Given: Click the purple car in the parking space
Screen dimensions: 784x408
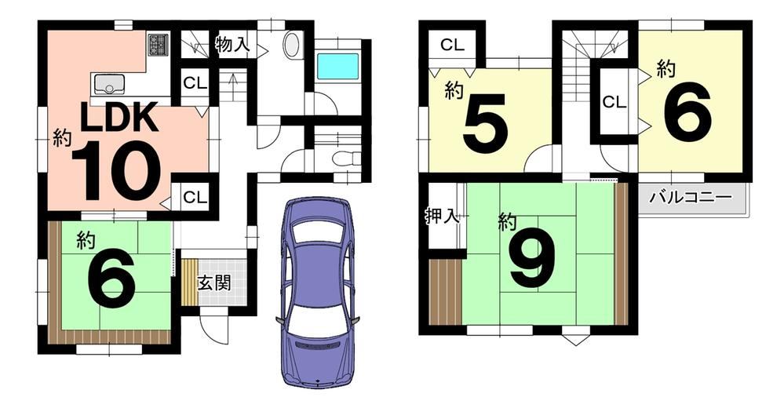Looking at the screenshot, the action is point(317,292).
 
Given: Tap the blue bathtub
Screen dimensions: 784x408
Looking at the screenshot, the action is point(338,66).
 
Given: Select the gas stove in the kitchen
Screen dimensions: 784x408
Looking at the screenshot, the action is point(159,44).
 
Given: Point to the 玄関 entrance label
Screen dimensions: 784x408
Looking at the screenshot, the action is point(214,283).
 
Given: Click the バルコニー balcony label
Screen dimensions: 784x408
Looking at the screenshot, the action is point(691,197).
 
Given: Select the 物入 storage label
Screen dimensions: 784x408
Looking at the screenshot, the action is point(232,45).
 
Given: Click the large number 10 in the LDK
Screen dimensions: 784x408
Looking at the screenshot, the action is point(116,170).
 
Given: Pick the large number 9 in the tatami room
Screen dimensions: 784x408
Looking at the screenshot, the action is point(533,259).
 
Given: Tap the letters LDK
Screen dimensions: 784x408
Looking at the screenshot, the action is point(120,118).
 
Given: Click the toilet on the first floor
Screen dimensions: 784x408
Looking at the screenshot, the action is point(346,158).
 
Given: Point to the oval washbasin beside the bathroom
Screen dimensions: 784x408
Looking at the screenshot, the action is point(293,45).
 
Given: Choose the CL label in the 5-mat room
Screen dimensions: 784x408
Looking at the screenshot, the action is point(453,45).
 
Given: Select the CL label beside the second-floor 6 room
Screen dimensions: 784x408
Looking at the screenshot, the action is point(614,102).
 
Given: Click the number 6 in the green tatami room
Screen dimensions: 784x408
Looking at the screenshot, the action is point(111,279).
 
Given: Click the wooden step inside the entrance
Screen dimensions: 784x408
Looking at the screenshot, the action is point(189,282).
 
